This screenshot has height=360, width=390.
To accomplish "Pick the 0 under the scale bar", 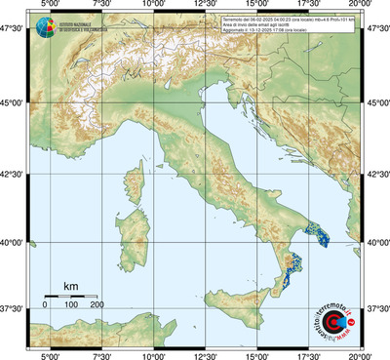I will point(45,305).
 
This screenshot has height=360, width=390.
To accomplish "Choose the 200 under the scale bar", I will point(97,305).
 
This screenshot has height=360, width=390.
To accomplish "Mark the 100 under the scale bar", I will point(71,305).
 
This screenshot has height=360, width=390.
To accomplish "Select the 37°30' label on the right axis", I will point(377,308).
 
